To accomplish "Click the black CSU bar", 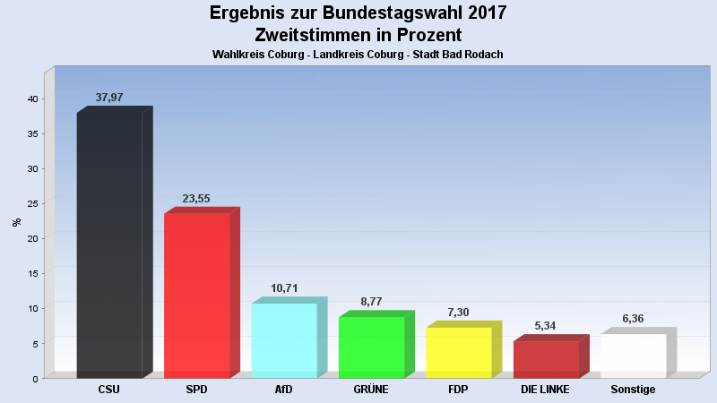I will click(x=109, y=245).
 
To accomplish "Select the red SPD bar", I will click(x=197, y=296).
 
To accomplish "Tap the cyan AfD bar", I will click(x=284, y=340).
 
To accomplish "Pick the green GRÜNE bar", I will click(x=372, y=347).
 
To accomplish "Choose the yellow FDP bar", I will click(x=459, y=353).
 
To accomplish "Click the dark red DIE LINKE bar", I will click(x=546, y=359).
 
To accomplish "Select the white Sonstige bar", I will click(x=633, y=356).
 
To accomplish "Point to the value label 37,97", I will click(x=109, y=98).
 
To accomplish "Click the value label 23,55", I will click(x=196, y=199).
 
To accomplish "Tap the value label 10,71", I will click(x=284, y=288).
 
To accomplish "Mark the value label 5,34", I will click(x=546, y=326).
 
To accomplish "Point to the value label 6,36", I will click(x=633, y=319).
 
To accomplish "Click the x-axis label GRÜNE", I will click(x=371, y=390).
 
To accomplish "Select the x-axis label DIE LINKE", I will click(x=545, y=390).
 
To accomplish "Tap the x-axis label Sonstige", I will click(x=633, y=390).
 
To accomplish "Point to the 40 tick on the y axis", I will click(x=31, y=99).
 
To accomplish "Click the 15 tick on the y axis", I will click(x=31, y=273).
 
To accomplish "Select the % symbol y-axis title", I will click(x=16, y=222).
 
